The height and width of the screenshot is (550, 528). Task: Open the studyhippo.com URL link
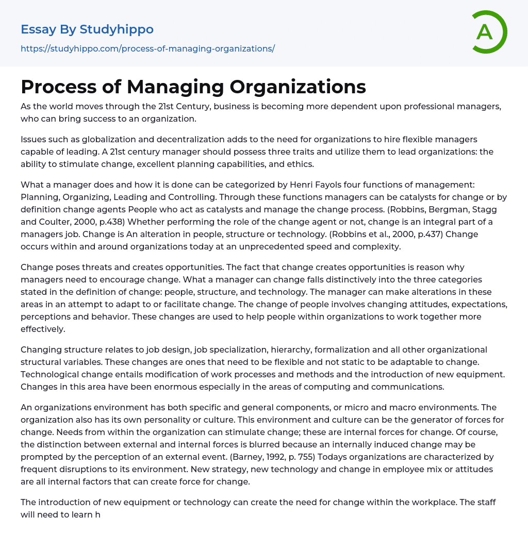coord(147,48)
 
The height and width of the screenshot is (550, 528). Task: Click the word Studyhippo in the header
coord(117,29)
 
